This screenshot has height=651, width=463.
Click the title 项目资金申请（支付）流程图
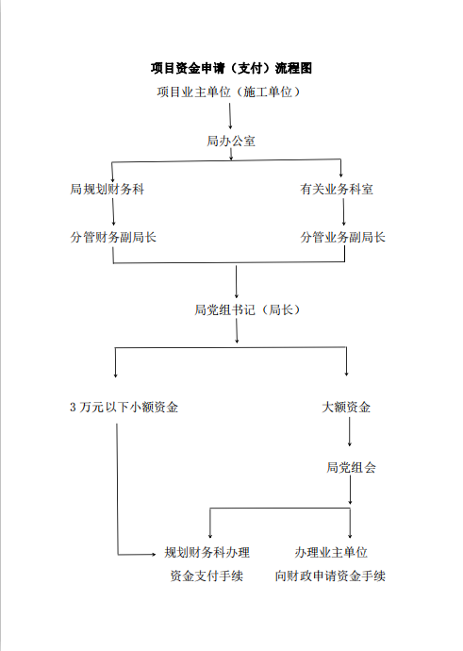pyautogui.click(x=231, y=68)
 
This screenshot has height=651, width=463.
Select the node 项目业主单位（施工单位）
pyautogui.click(x=231, y=92)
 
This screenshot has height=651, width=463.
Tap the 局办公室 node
pyautogui.click(x=231, y=141)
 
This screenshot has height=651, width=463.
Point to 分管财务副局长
pyautogui.click(x=113, y=237)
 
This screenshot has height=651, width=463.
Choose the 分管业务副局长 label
pyautogui.click(x=343, y=237)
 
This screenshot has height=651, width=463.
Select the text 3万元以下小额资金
pyautogui.click(x=124, y=408)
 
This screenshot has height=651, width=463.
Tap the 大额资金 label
pyautogui.click(x=346, y=408)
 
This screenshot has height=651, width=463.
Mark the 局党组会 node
pyautogui.click(x=350, y=467)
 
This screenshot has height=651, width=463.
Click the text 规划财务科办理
pyautogui.click(x=207, y=552)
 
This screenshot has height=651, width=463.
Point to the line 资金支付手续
pyautogui.click(x=207, y=576)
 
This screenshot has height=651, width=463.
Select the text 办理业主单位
pyautogui.click(x=331, y=552)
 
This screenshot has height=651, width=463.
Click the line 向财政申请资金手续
pyautogui.click(x=331, y=576)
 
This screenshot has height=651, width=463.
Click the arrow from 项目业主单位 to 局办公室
pyautogui.click(x=231, y=115)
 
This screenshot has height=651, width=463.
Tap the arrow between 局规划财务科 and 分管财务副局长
pyautogui.click(x=114, y=211)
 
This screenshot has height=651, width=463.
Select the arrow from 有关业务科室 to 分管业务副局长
pyautogui.click(x=343, y=211)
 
